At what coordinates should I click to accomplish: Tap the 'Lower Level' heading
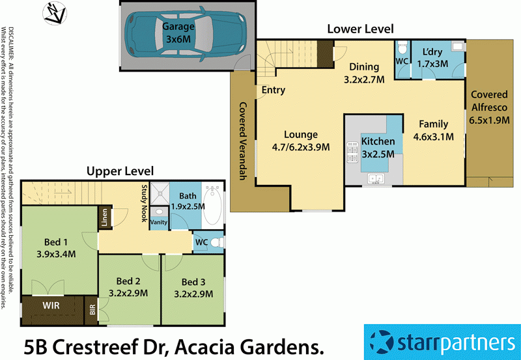360,29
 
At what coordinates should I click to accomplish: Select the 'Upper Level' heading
120,171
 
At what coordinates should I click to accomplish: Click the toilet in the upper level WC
218,242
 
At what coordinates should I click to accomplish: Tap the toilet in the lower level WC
402,49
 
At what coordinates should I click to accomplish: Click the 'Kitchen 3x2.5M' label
378,146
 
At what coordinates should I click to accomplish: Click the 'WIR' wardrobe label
52,305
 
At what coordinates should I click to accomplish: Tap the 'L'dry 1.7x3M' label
433,57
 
